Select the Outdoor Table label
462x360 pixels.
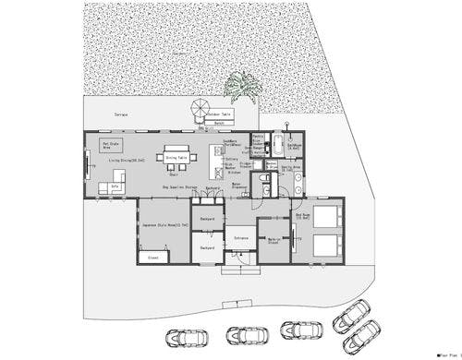220,114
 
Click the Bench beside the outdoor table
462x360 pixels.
219,123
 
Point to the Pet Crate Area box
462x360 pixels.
112,145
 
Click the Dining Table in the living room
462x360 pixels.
176,157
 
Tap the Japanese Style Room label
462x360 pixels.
163,224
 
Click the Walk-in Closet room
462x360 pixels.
274,242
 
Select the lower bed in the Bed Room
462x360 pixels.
321,246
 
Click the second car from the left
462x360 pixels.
243,336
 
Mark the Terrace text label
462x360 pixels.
121,114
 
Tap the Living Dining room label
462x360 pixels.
128,160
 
